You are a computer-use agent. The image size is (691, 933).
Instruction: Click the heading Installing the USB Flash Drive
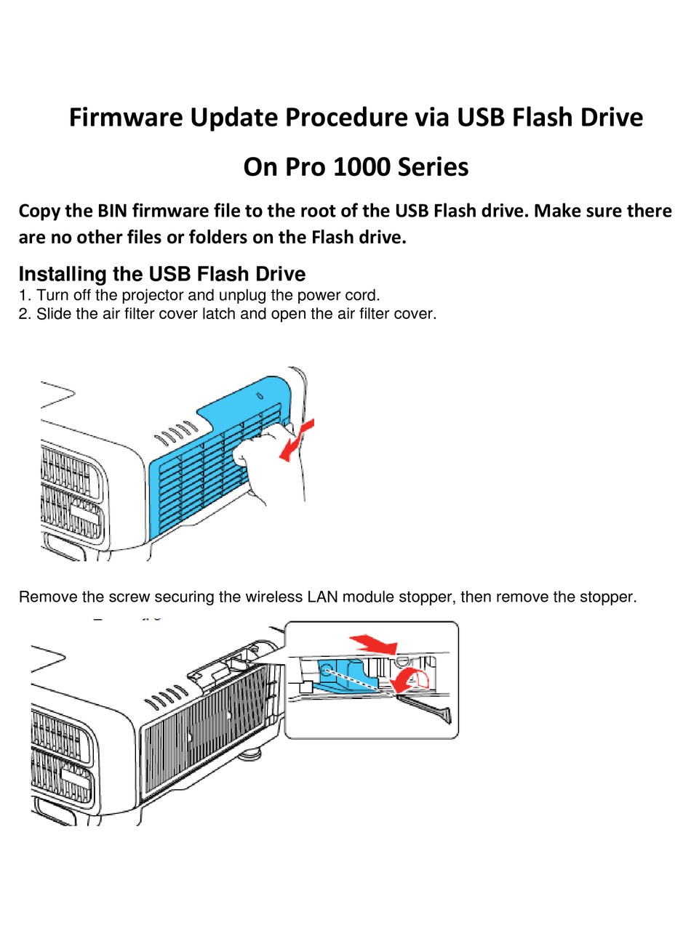pos(161,274)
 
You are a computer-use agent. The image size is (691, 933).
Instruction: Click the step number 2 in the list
pos(23,314)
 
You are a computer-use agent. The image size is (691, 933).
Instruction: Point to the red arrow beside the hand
pos(297,440)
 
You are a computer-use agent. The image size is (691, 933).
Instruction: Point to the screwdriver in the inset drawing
pos(429,708)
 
